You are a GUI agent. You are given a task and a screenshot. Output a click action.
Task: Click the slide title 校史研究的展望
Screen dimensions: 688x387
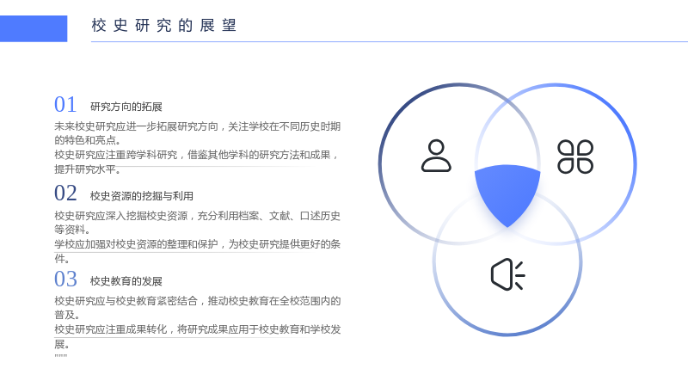pyautogui.click(x=164, y=26)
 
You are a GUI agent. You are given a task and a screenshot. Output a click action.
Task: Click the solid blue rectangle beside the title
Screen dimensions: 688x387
pyautogui.click(x=34, y=28)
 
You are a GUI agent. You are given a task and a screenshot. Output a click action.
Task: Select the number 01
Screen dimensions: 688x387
pyautogui.click(x=65, y=105)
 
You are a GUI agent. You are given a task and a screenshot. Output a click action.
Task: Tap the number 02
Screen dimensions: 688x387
pyautogui.click(x=65, y=193)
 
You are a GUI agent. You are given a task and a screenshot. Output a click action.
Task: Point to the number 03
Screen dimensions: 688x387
pyautogui.click(x=65, y=279)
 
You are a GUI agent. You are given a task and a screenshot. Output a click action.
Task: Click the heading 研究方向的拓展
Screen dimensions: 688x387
pyautogui.click(x=126, y=107)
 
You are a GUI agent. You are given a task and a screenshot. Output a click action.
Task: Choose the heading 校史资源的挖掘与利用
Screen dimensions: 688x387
pyautogui.click(x=142, y=196)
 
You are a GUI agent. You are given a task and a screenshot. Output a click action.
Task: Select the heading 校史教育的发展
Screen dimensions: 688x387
pyautogui.click(x=126, y=281)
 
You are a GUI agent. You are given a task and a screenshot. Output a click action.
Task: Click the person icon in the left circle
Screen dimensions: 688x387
pyautogui.click(x=436, y=156)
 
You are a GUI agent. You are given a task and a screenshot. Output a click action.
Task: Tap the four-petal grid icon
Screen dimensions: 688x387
pyautogui.click(x=575, y=157)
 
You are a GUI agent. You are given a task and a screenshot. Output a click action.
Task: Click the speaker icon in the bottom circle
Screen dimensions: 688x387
pyautogui.click(x=507, y=274)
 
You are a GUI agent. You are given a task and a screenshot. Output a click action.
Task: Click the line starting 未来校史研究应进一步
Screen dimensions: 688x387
pyautogui.click(x=198, y=126)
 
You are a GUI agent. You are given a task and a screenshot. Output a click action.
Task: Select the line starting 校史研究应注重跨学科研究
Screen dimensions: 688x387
pyautogui.click(x=196, y=156)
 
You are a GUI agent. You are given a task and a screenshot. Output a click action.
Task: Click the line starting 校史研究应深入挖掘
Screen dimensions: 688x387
pyautogui.click(x=198, y=216)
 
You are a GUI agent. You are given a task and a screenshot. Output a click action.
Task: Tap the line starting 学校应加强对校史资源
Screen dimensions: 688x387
pyautogui.click(x=198, y=244)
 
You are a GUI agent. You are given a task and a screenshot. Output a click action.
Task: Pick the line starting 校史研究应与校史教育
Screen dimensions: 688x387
pyautogui.click(x=198, y=301)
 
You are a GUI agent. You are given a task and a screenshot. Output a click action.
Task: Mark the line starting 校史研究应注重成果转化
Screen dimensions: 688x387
pyautogui.click(x=198, y=329)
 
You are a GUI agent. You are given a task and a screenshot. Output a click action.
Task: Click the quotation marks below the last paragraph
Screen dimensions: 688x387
pyautogui.click(x=61, y=356)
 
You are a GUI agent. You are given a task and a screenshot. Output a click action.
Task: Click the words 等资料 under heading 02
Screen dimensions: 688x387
pyautogui.click(x=70, y=230)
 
